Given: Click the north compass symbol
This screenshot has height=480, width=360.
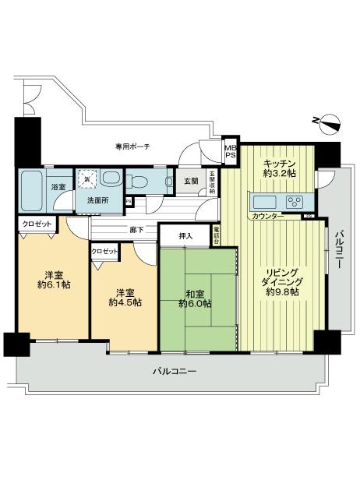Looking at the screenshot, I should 326,121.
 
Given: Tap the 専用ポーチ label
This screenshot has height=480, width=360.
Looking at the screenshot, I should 132,146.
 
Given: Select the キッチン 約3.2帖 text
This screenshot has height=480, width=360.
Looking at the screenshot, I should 278,168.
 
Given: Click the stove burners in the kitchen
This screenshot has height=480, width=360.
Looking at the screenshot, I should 295,202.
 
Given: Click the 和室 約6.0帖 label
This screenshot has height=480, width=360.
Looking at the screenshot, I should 198,299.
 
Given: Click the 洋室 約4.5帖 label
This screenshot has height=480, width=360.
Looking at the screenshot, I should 125,296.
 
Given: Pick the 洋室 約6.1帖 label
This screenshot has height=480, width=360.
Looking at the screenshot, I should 53,281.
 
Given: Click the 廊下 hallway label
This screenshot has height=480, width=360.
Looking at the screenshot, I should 138,230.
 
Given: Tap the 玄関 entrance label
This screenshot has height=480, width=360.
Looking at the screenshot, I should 191,182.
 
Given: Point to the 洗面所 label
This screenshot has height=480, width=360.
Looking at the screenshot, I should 97,200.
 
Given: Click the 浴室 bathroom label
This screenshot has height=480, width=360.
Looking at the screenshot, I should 58,188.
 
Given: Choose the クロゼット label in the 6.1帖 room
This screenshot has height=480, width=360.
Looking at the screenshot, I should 37,224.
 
